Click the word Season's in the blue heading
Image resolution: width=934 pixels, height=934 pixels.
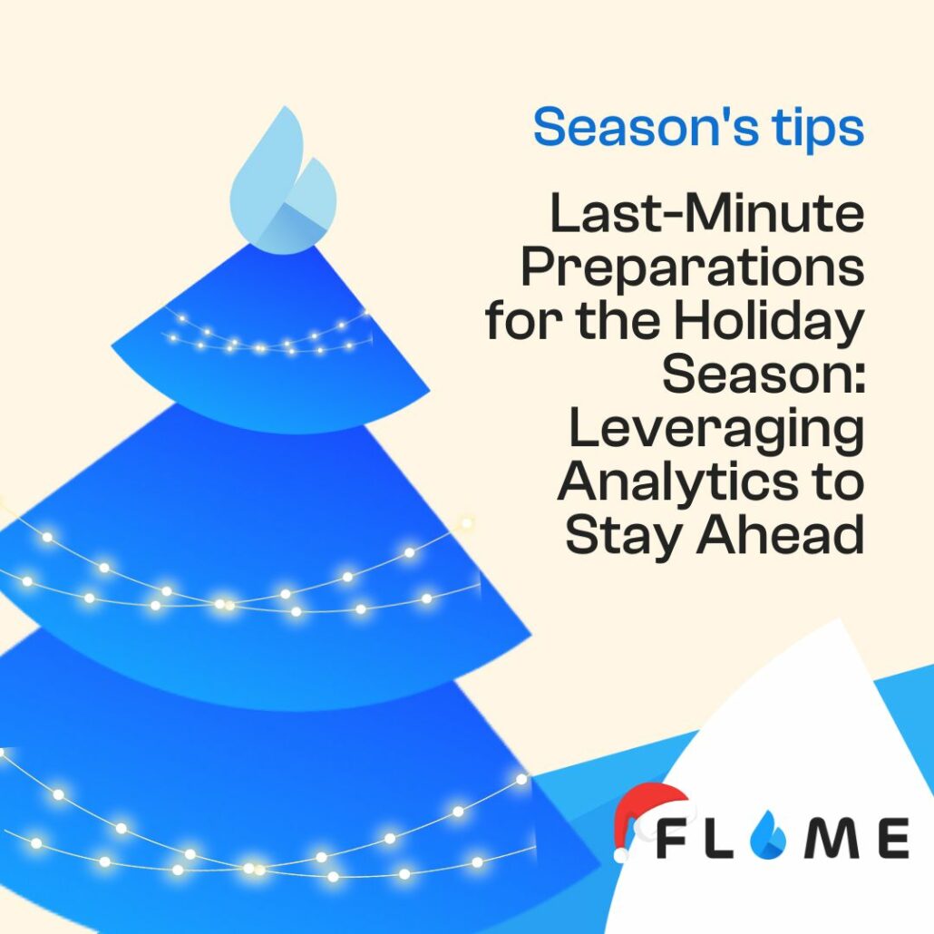pyautogui.click(x=646, y=126)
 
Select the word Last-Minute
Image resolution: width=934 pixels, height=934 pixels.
pyautogui.click(x=707, y=213)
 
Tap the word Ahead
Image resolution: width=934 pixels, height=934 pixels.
pyautogui.click(x=781, y=533)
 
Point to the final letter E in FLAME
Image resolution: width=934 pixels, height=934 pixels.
pyautogui.click(x=893, y=839)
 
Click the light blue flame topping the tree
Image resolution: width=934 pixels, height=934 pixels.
pyautogui.click(x=283, y=180)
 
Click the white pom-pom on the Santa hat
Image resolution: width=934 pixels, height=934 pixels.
pyautogui.click(x=621, y=854)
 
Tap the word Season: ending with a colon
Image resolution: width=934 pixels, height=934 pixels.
pyautogui.click(x=763, y=375)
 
